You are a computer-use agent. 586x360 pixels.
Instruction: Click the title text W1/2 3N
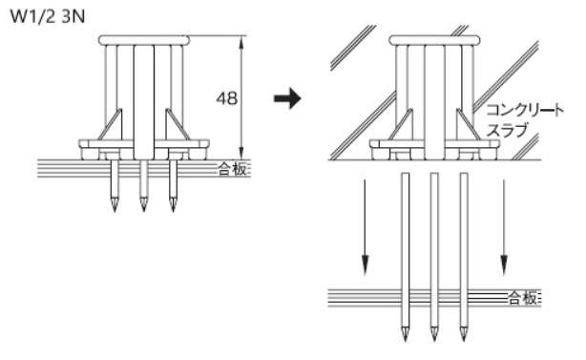[48, 17]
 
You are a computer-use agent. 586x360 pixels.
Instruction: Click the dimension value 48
[227, 98]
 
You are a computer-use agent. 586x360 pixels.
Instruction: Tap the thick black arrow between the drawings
[287, 98]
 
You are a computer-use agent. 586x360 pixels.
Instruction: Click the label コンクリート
[525, 110]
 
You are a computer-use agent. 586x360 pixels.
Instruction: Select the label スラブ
[507, 130]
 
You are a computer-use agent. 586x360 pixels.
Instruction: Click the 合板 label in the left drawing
[233, 169]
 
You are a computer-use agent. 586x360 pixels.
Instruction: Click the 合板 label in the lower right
[523, 298]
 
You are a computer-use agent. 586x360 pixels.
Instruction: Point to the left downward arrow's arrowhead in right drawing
[366, 265]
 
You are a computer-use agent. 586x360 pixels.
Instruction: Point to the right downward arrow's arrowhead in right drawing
[504, 265]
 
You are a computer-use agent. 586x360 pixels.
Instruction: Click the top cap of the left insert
[144, 40]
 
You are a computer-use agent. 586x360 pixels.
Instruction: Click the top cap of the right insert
[434, 40]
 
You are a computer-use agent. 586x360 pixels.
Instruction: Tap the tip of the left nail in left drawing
[115, 212]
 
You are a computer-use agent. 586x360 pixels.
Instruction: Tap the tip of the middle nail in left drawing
[144, 212]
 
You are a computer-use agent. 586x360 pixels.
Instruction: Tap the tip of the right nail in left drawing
[173, 212]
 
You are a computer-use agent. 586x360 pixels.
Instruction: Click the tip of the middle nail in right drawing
[434, 341]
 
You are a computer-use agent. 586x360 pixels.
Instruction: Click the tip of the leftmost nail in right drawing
[405, 341]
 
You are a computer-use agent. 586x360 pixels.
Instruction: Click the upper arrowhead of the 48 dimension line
[241, 43]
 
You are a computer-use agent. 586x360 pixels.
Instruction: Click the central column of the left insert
[144, 102]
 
